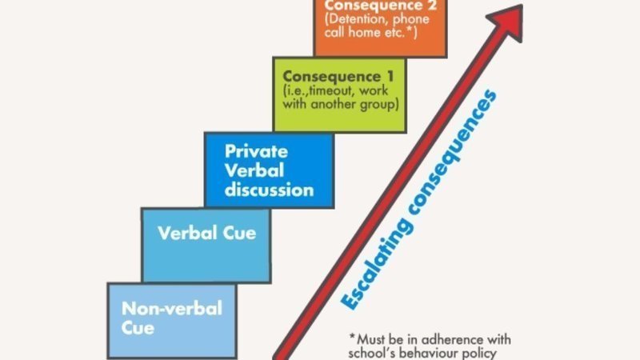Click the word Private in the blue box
[x=256, y=151]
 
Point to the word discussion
[x=269, y=190]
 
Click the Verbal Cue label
[x=207, y=233]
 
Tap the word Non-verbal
[x=172, y=309]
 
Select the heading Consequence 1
[x=338, y=76]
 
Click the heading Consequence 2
[x=381, y=6]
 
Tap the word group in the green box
[x=378, y=105]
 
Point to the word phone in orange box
[x=411, y=19]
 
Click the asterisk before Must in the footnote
[x=353, y=337]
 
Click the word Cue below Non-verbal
[x=138, y=328]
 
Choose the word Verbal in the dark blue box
[x=254, y=170]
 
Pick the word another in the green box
[x=334, y=104]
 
